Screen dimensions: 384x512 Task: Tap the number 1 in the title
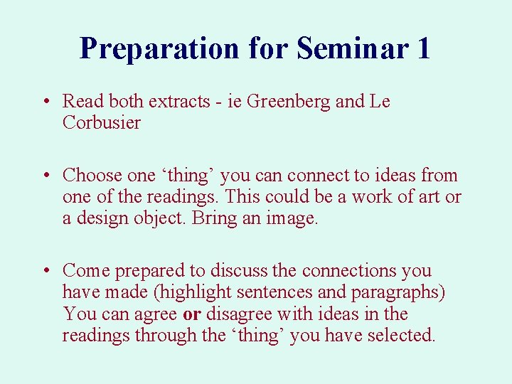tap(423, 48)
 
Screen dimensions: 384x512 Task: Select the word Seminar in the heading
tap(352, 48)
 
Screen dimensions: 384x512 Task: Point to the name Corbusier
tap(102, 123)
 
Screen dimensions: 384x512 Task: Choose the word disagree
tap(240, 314)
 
